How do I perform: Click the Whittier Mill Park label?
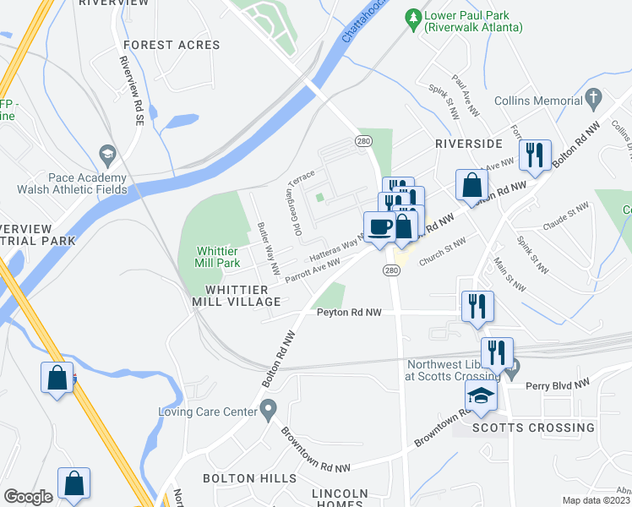pos(219,257)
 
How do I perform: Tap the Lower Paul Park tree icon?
pos(413,16)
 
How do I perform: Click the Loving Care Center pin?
pos(268,412)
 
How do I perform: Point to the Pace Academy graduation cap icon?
pos(107,154)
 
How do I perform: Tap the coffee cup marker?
pos(379,226)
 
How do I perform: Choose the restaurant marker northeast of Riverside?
pos(535,155)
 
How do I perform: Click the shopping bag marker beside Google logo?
pos(74,484)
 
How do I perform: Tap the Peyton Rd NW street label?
pos(349,313)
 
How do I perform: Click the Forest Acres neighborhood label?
pos(172,45)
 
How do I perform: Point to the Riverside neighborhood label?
pos(469,144)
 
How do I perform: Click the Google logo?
pos(28,497)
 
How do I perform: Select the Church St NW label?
pos(442,253)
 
